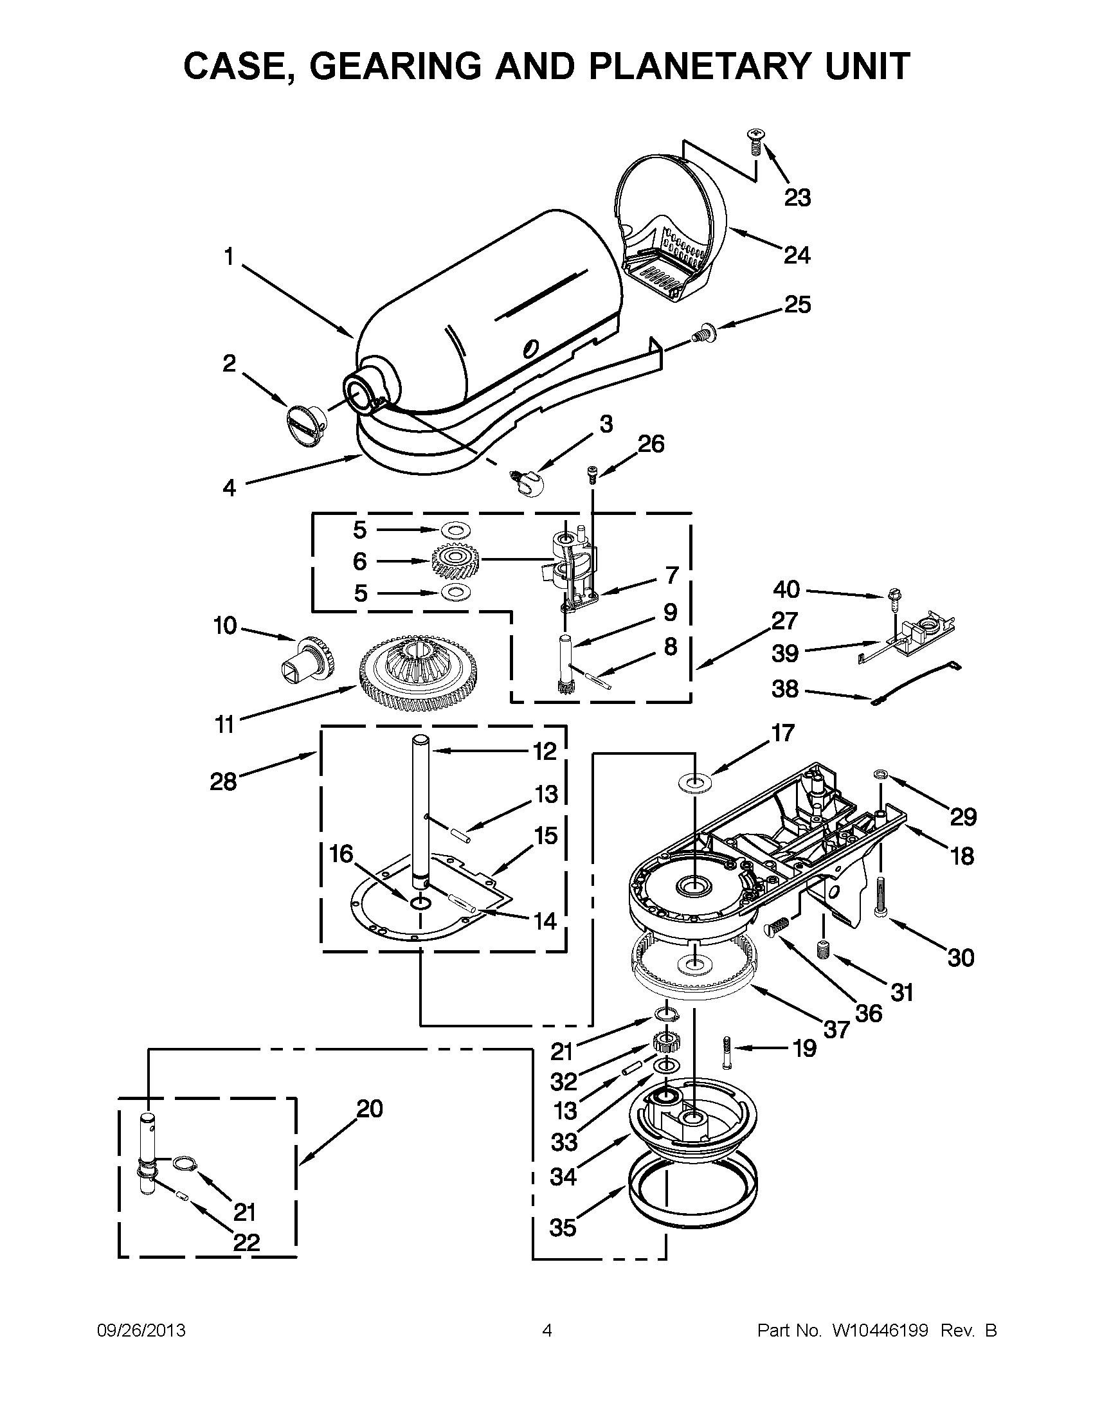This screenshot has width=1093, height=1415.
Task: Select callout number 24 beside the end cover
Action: (796, 255)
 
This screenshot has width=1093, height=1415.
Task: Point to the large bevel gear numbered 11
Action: (418, 674)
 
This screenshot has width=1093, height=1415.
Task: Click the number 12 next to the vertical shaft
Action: (545, 751)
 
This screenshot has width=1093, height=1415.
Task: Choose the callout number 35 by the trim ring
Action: (562, 1227)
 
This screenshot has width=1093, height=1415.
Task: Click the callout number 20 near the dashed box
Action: (369, 1108)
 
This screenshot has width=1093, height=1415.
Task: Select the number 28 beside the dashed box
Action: (223, 782)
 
